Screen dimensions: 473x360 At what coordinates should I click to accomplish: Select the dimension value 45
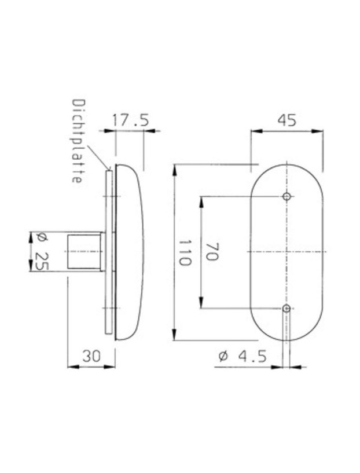(286, 120)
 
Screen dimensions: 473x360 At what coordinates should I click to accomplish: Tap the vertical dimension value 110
(185, 252)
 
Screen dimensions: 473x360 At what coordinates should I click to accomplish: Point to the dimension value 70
(211, 252)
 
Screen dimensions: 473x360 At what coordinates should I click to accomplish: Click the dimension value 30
(91, 356)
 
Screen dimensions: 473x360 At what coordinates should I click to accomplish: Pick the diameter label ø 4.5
(243, 356)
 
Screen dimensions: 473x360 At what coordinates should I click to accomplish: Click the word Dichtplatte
(76, 141)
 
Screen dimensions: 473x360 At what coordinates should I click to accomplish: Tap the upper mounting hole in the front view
(286, 197)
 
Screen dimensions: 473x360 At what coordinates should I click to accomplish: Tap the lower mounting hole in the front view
(286, 309)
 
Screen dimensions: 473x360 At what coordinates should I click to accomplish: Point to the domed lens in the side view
(130, 252)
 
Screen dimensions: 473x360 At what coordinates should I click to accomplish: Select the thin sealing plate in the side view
(108, 252)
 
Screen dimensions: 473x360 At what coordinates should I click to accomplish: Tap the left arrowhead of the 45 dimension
(254, 131)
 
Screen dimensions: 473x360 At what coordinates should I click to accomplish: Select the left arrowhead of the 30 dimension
(71, 366)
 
